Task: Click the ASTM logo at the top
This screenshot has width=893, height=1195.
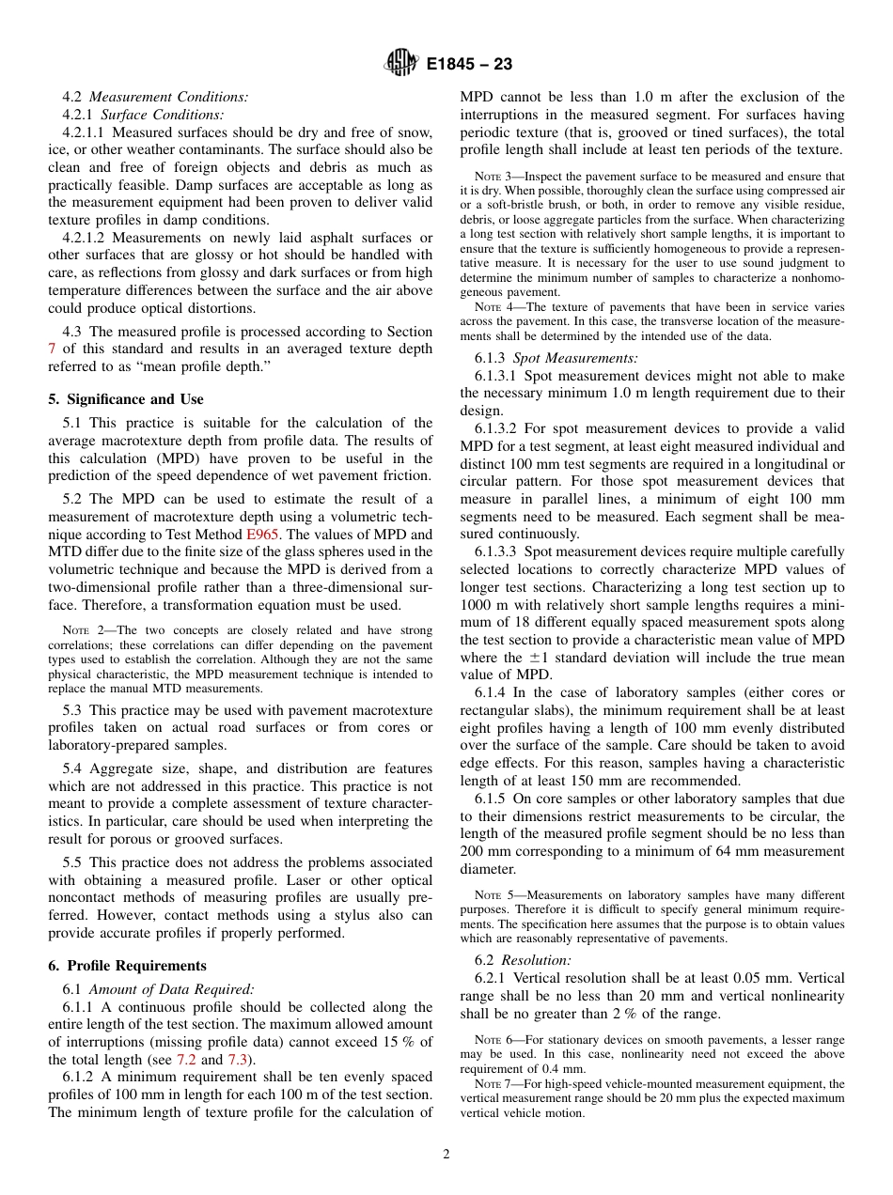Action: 401,65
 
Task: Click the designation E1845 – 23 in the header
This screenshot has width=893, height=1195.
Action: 469,65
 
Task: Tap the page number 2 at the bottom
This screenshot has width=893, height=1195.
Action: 446,1155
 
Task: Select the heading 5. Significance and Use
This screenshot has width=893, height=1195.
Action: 126,399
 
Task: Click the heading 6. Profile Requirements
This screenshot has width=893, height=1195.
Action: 127,966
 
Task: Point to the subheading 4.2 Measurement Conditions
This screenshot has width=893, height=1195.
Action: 155,97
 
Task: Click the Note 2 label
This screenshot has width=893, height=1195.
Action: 80,630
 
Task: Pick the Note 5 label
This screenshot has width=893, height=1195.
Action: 492,895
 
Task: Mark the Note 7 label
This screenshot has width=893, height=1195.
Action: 492,1084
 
